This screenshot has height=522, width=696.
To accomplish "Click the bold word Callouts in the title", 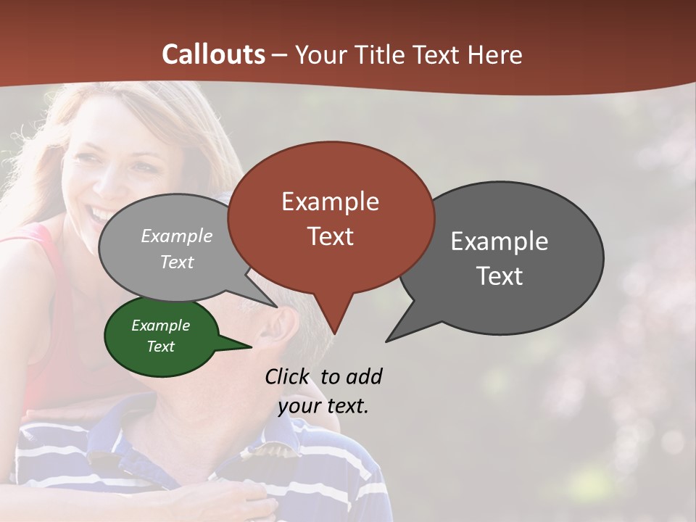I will coord(213,54).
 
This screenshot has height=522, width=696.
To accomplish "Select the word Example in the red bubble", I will coord(330,202).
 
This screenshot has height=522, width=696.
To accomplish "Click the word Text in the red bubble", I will coord(330,236).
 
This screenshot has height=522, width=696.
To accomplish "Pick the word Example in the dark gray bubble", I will coord(500,241).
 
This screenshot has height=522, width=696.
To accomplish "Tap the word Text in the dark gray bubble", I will coord(500,276).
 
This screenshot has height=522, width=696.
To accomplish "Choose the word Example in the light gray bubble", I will coord(177,236).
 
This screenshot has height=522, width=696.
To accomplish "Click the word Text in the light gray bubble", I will coord(177,262).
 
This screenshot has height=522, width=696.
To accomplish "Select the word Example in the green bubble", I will coord(160,326).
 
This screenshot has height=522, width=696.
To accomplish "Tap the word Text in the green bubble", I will coord(160,347).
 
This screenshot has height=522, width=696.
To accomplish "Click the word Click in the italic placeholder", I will coord(287,376).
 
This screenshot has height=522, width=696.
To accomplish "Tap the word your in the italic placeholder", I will coord(298,406).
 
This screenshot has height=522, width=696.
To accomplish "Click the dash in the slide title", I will coord(279,55).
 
